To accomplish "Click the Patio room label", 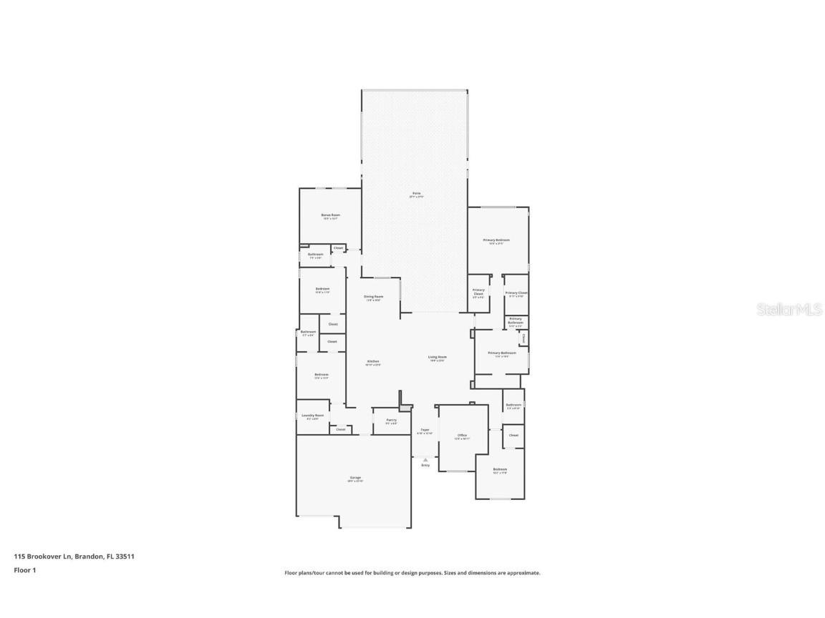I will pos(415,194).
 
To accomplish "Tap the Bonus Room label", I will pos(330,215).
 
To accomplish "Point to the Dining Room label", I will pos(373,297).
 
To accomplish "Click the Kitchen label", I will pos(373,362).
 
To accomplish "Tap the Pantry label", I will pos(391,421).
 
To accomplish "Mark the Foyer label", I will pos(425,431).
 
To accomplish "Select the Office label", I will pos(462,436).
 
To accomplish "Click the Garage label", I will pos(355,478).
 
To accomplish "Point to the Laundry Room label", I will pos(313,416).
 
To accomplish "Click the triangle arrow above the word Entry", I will pos(425,460).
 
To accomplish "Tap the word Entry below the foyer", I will pos(425,466).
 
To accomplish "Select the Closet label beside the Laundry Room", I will pos(341,430).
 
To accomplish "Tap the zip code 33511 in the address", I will pos(127,556).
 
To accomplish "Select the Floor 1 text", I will pos(24,570).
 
